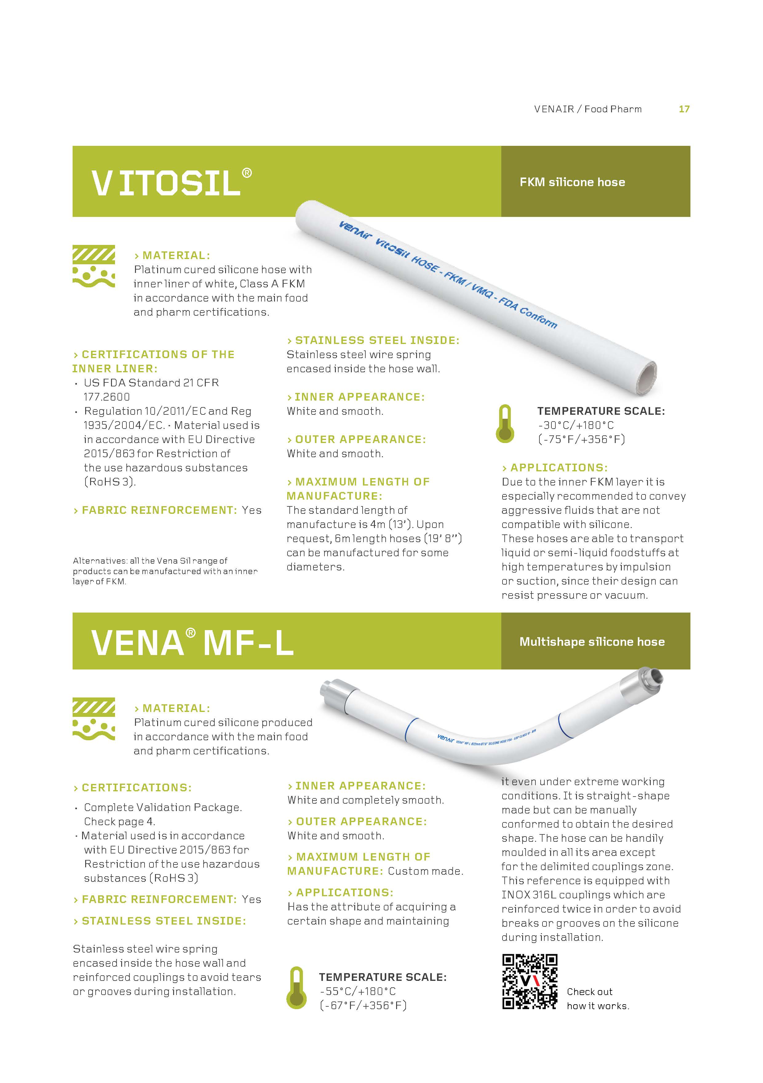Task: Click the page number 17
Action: pos(684,109)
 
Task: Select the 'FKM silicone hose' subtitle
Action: pos(572,182)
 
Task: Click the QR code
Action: pos(530,981)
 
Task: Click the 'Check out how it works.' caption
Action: pos(598,999)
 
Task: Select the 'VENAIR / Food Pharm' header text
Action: pos(588,109)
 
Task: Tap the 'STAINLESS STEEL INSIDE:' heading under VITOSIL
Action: pos(373,340)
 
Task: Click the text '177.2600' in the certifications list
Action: pos(107,397)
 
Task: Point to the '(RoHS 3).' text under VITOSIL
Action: pos(109,482)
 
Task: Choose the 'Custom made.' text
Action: pos(425,871)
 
